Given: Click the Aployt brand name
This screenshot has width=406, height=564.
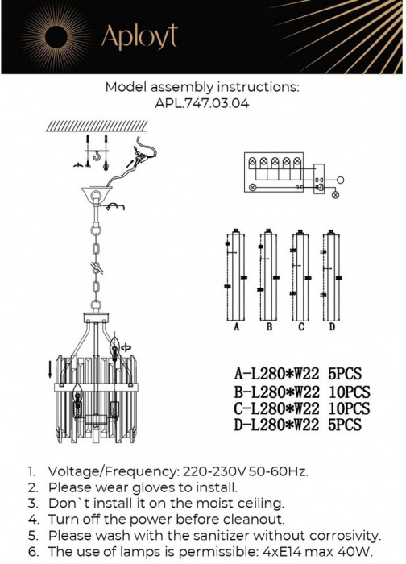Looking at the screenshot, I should (x=139, y=36).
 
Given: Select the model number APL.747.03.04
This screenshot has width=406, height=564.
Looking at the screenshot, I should (x=202, y=103).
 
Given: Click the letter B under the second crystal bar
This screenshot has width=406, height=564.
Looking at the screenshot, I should (x=269, y=328).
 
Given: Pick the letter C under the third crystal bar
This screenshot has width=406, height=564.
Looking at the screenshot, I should (x=300, y=328).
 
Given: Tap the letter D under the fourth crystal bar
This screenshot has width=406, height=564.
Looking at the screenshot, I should (x=332, y=328).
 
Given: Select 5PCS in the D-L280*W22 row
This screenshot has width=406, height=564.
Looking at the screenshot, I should (x=345, y=425).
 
